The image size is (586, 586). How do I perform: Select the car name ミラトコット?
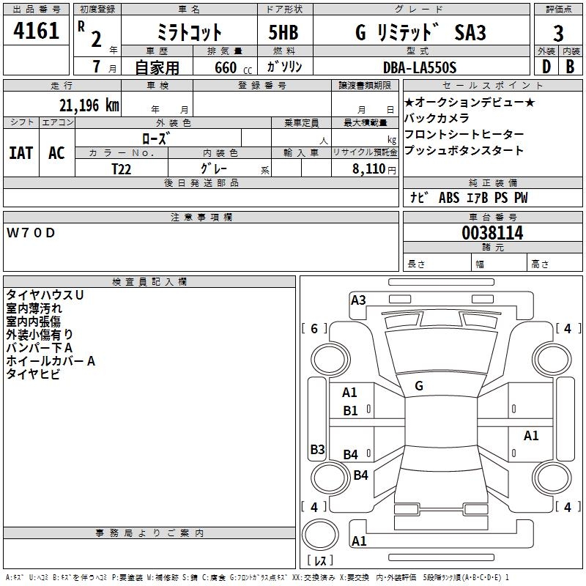tap(189, 33)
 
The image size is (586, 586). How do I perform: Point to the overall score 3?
tap(558, 34)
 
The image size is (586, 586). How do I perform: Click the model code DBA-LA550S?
tap(420, 67)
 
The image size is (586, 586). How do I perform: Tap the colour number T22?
tap(122, 168)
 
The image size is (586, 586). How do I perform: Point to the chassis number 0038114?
tap(492, 234)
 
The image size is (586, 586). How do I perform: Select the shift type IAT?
tap(21, 153)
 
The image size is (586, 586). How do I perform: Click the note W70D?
tap(31, 233)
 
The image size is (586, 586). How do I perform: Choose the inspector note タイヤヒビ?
tap(33, 374)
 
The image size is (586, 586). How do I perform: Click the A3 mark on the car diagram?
tap(358, 300)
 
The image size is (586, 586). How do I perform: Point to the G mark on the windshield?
tap(419, 385)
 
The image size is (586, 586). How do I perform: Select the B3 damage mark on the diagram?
tap(317, 449)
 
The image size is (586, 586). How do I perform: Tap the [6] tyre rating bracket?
tap(315, 329)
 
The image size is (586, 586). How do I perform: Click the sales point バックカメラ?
tap(437, 118)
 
